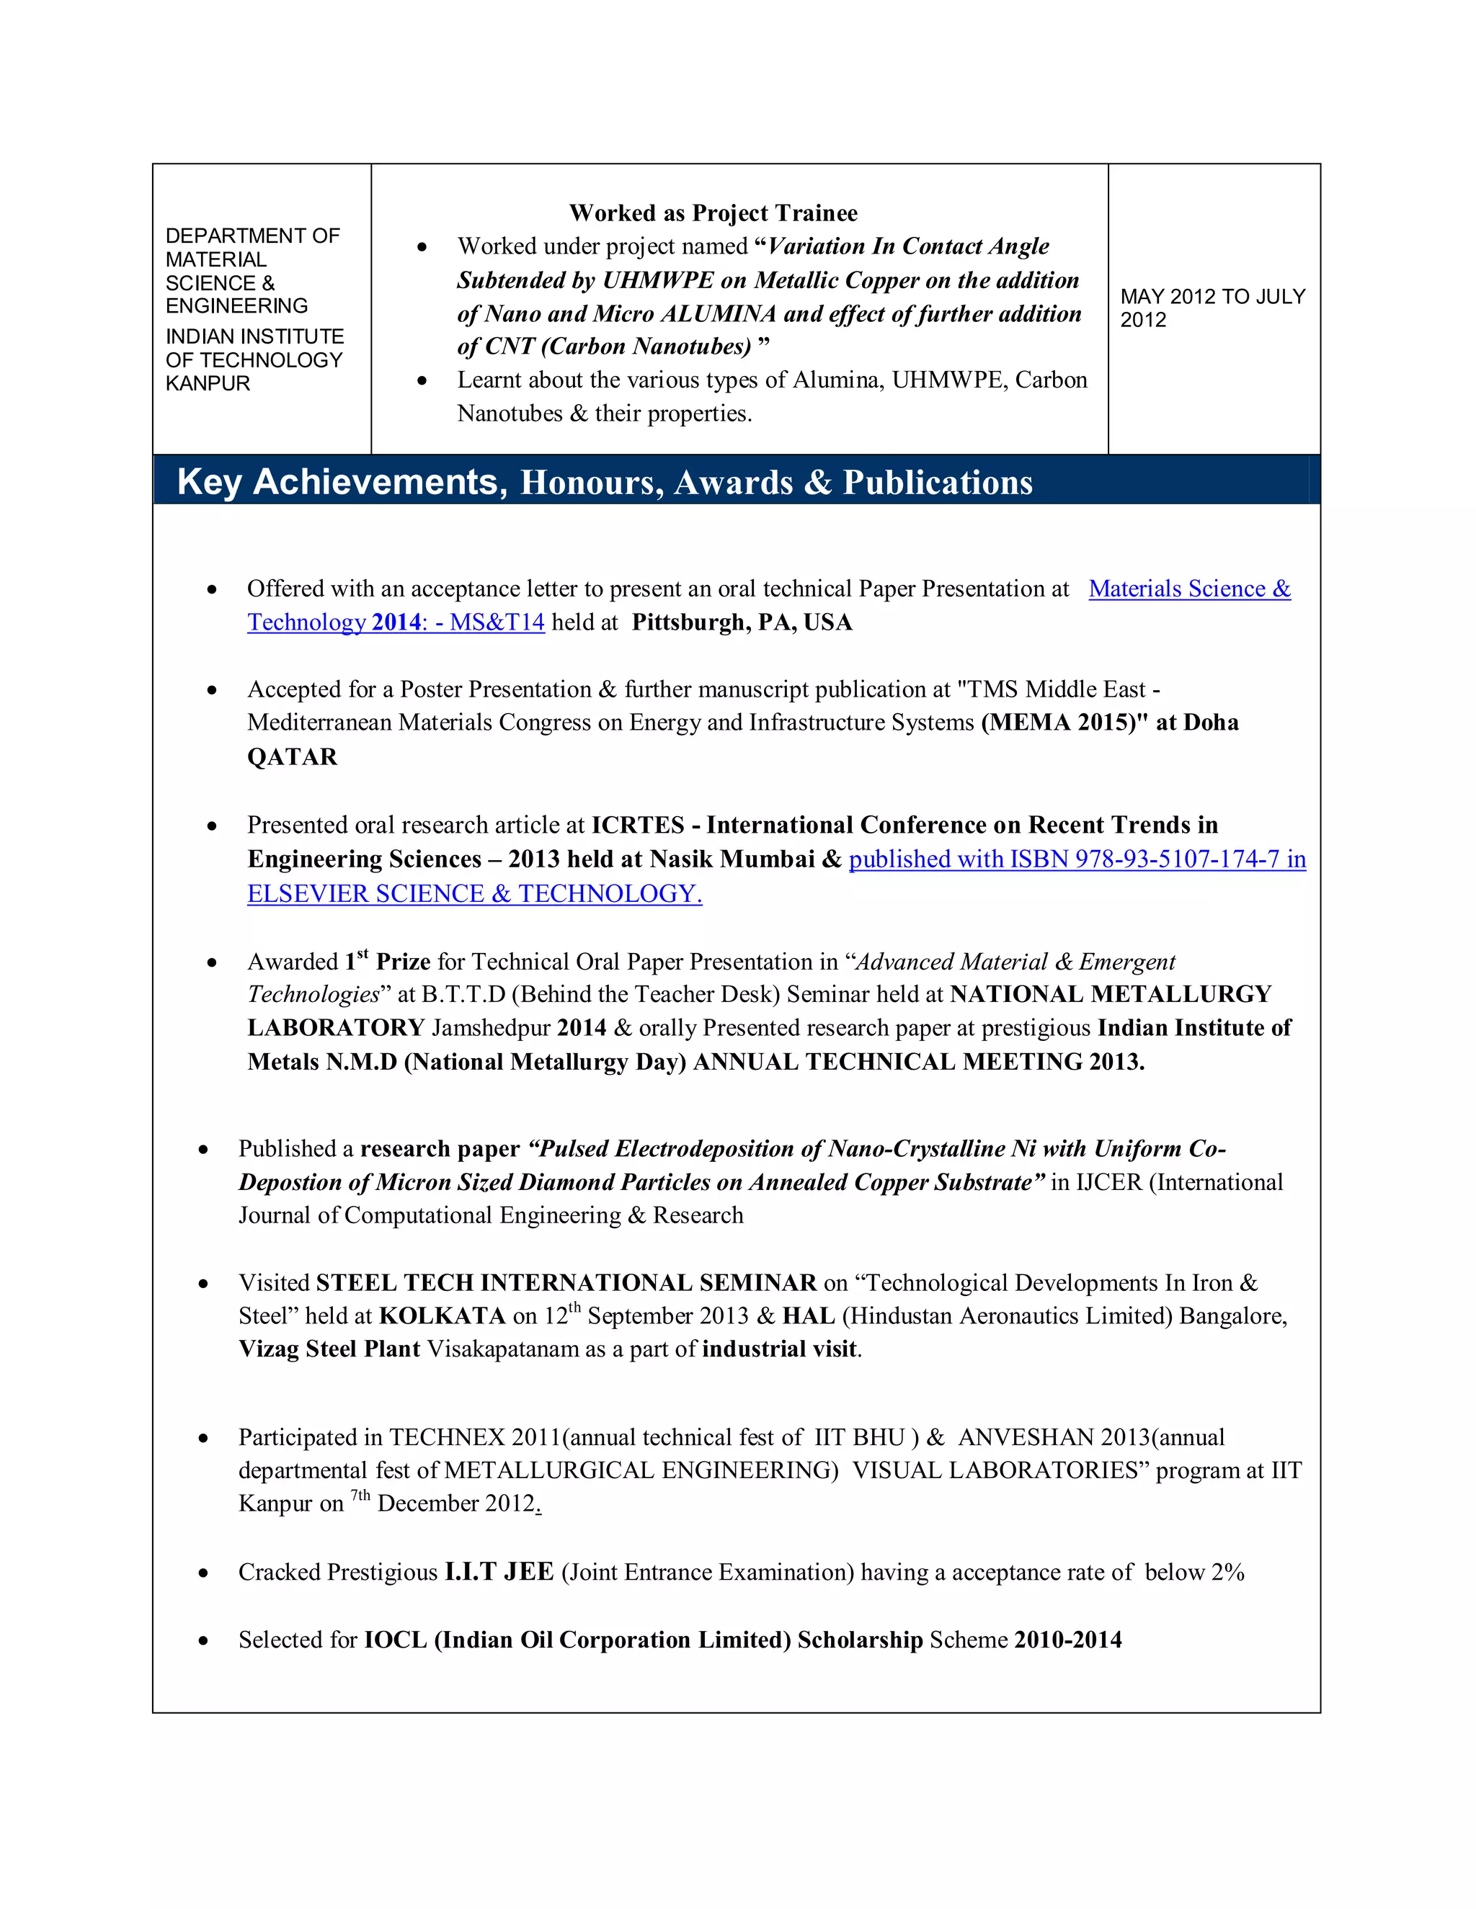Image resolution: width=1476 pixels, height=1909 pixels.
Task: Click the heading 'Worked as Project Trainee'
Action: [x=713, y=213]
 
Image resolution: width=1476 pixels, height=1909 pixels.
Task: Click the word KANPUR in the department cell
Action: [x=208, y=384]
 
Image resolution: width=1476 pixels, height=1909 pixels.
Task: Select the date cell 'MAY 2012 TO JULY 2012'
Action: [x=1212, y=308]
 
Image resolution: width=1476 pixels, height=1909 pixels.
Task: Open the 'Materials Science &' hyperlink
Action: [x=1189, y=589]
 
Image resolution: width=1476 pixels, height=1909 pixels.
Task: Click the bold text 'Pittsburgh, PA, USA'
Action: [x=742, y=622]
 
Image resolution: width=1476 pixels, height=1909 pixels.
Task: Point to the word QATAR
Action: [x=292, y=757]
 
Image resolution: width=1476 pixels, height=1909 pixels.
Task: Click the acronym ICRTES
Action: [x=637, y=825]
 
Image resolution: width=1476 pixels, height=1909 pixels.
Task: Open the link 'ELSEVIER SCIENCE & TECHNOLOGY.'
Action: [x=474, y=893]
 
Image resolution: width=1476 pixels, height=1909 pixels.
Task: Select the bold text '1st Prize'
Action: [x=387, y=962]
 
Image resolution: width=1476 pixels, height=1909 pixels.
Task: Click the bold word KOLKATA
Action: [x=442, y=1316]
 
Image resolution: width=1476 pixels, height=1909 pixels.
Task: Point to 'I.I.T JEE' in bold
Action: [x=499, y=1573]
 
